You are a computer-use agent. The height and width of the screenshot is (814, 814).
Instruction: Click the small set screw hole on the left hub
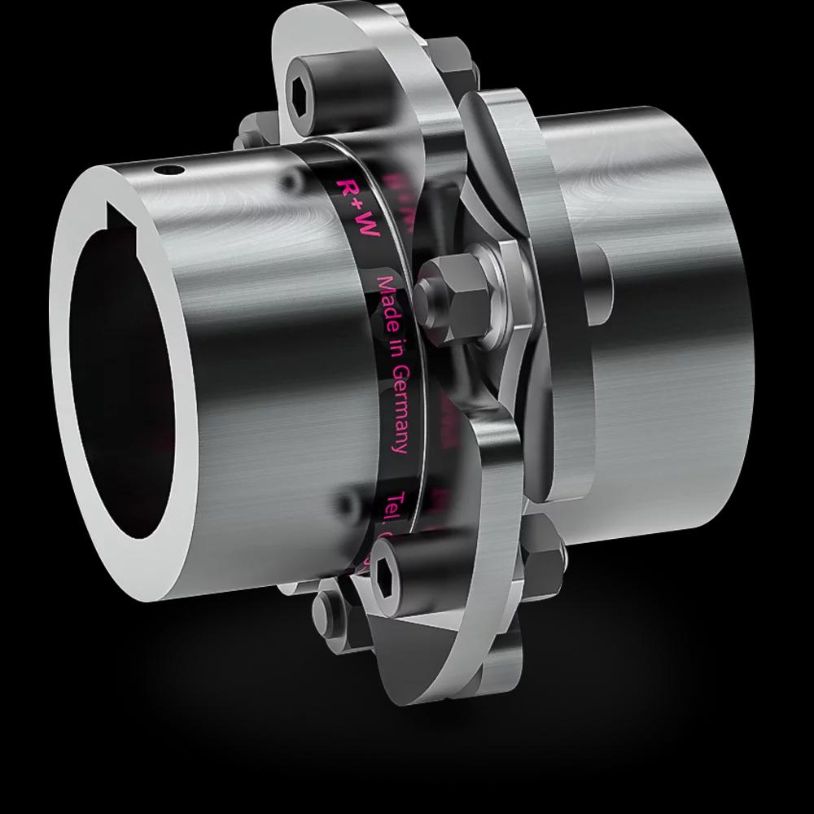[x=168, y=170]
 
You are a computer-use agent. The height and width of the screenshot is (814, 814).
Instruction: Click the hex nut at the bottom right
[x=544, y=562]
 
